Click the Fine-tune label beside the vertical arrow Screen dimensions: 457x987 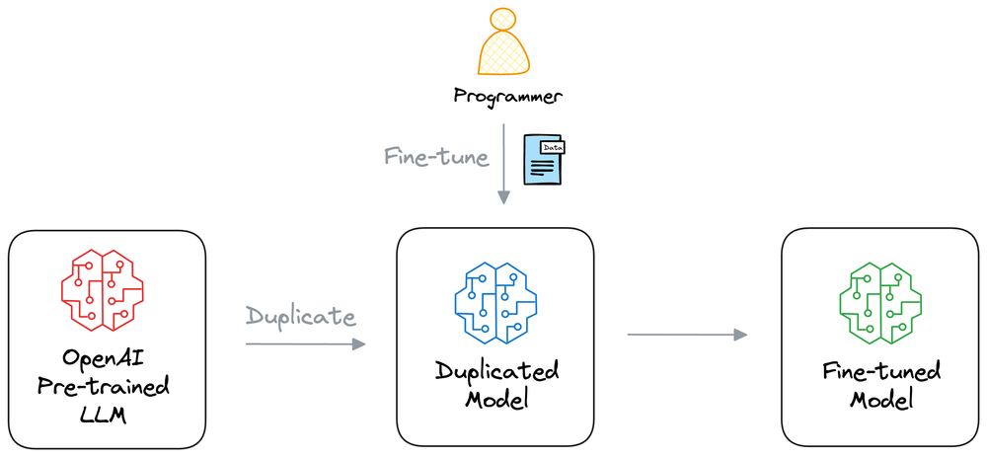(436, 157)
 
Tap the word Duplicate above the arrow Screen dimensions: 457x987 (300, 318)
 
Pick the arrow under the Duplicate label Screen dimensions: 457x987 (305, 343)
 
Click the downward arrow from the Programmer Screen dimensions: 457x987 (503, 163)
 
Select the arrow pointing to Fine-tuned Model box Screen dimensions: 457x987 (687, 336)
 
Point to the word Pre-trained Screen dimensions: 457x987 (106, 385)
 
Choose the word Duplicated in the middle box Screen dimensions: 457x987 (497, 372)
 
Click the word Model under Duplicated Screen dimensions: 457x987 (497, 401)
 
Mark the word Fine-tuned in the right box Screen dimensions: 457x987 (881, 372)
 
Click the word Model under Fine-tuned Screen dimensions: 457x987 (881, 401)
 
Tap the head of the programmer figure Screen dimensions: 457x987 (503, 19)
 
